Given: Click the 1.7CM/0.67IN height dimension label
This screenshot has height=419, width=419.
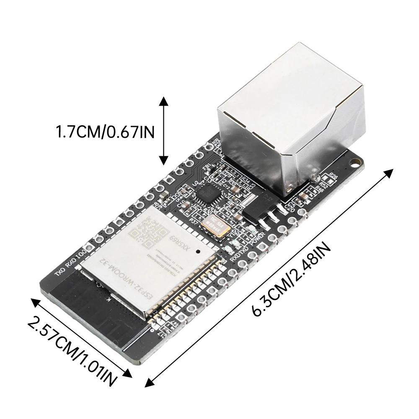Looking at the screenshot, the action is (x=105, y=132).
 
